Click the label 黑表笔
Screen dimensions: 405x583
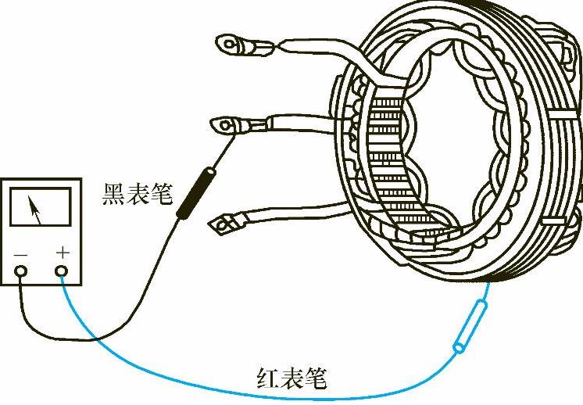[x=137, y=193]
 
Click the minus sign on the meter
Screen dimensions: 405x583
[x=21, y=253]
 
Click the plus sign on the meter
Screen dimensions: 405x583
[x=63, y=253]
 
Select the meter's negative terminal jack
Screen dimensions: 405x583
[x=21, y=271]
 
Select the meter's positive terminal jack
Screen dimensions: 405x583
[x=63, y=271]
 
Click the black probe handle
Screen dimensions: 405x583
[x=195, y=195]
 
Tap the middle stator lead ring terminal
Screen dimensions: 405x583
[x=227, y=124]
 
